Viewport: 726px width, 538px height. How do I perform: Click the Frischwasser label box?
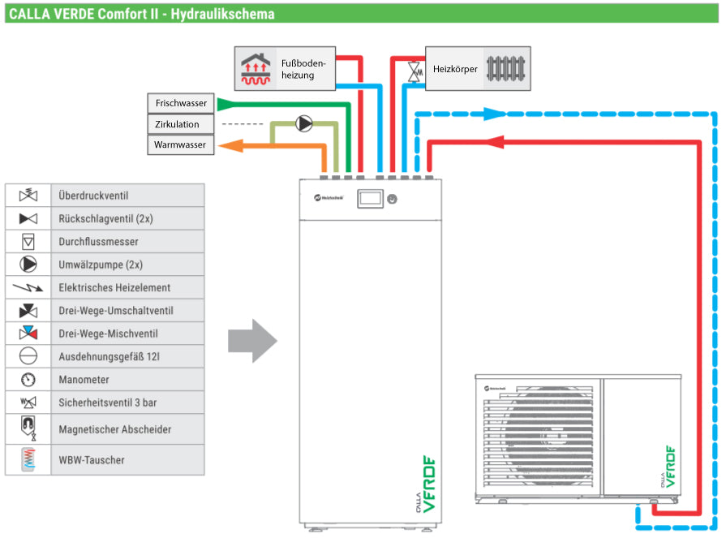click(181, 104)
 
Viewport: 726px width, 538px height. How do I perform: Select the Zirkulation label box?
click(181, 125)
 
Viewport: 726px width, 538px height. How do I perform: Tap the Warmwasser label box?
click(181, 146)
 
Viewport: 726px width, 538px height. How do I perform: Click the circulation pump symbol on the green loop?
click(304, 124)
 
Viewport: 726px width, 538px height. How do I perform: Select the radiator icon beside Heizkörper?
click(505, 69)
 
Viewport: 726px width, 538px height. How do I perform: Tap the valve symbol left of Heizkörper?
click(416, 71)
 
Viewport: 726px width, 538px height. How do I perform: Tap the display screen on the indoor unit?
click(371, 197)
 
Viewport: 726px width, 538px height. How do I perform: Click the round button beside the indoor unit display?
click(392, 197)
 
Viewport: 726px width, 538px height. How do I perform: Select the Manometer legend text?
click(84, 380)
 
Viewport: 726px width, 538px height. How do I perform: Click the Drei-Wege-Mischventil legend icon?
click(28, 334)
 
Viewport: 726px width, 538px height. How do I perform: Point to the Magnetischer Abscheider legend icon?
click(28, 428)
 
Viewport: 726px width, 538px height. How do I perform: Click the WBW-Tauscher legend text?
click(92, 460)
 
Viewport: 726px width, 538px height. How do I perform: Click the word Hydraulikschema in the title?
click(223, 14)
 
